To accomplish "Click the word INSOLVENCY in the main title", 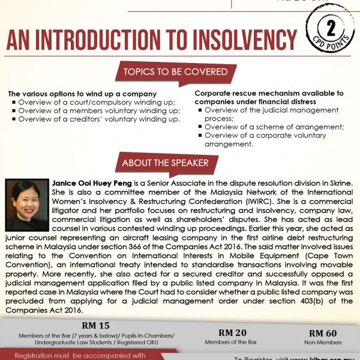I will pos(241,42).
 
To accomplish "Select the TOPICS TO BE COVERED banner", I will pos(175,72).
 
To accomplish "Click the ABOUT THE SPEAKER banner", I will pos(165,163).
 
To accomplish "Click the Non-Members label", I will pos(322,343).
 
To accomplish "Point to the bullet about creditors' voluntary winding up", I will pos(99,119).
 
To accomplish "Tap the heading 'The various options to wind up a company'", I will pos(83,94).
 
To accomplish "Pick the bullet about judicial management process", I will pos(270,115).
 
